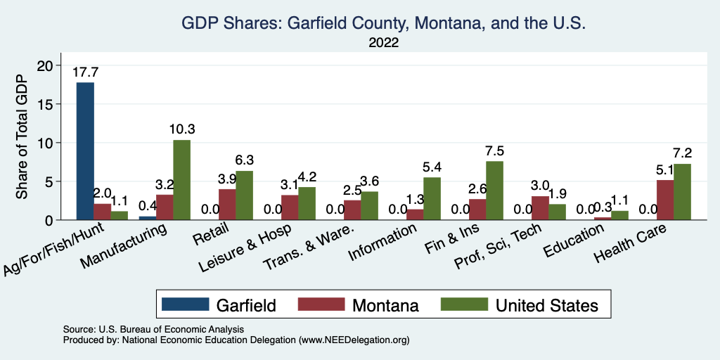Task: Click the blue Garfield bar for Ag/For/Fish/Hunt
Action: point(85,151)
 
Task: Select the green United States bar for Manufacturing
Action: point(181,180)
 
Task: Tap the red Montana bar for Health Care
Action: point(665,200)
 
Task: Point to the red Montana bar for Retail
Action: point(227,205)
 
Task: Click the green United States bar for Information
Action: point(432,199)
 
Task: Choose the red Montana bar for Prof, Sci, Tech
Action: point(540,208)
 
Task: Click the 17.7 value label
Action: point(85,72)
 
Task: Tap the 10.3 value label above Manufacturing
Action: point(181,129)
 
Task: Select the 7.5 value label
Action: point(494,151)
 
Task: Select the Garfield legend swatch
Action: point(185,304)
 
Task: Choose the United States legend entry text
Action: point(546,305)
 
